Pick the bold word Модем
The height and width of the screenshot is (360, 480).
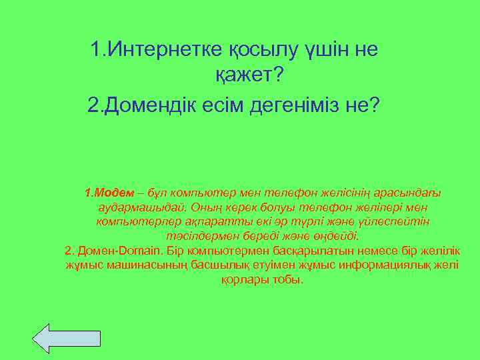111,193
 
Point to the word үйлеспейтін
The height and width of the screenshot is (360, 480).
395,222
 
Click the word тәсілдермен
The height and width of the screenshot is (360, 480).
202,236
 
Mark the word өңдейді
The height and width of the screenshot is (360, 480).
335,236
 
